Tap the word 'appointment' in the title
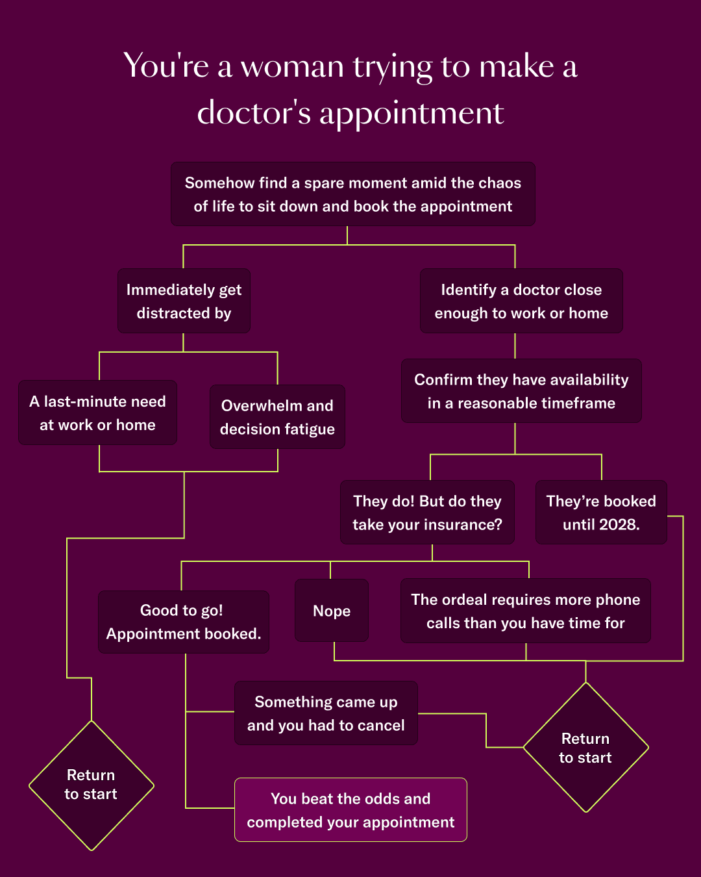(x=412, y=114)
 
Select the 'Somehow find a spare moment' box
(x=353, y=194)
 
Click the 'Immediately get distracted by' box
(x=184, y=301)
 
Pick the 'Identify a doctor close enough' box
(x=521, y=301)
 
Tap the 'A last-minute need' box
(x=97, y=413)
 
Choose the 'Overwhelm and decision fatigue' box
(x=277, y=417)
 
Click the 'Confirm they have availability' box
(x=521, y=391)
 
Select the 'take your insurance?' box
(x=427, y=512)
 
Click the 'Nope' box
(x=332, y=611)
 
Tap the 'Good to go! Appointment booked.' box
(x=184, y=622)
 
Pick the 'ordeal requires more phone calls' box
(x=525, y=611)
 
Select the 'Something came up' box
(x=326, y=713)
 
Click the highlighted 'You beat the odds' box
(x=350, y=809)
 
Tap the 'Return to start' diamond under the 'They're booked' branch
(x=585, y=748)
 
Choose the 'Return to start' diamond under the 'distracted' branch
(x=92, y=785)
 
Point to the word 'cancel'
(x=383, y=726)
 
